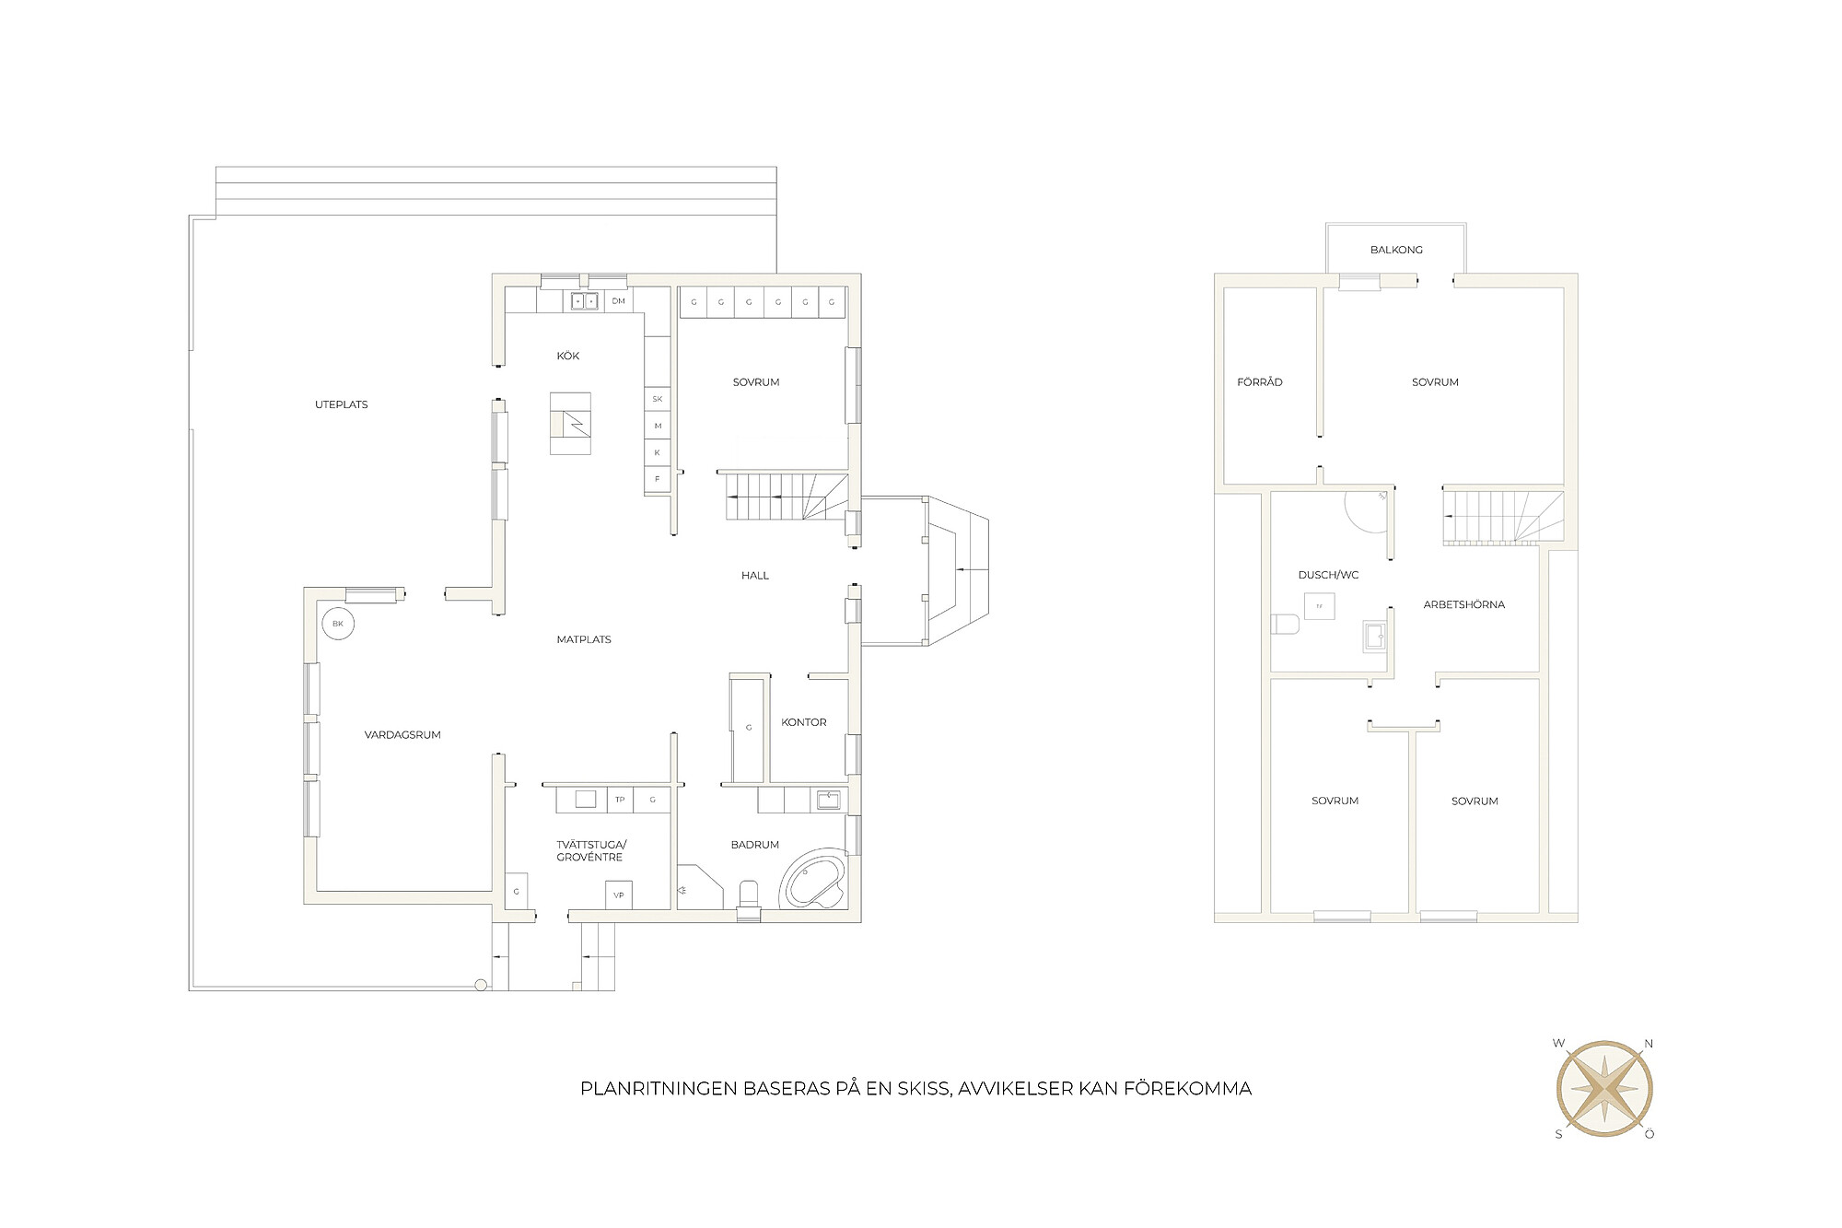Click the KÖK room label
pos(568,357)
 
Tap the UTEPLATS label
pos(342,404)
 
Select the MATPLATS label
pos(584,639)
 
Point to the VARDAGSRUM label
pos(402,735)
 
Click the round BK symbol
pos(338,624)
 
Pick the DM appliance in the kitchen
pos(619,301)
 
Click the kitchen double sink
pos(584,301)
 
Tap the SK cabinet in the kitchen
pos(658,399)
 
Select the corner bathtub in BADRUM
pos(813,880)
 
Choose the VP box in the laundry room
pos(618,895)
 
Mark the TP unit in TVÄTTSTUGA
pos(620,800)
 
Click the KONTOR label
pos(804,722)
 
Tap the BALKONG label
pos(1396,250)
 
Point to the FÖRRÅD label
pos(1260,382)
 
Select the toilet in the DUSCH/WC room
pos(1285,626)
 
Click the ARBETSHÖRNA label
pos(1464,605)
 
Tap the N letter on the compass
pos(1649,1044)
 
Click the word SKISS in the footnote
pos(925,1089)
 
